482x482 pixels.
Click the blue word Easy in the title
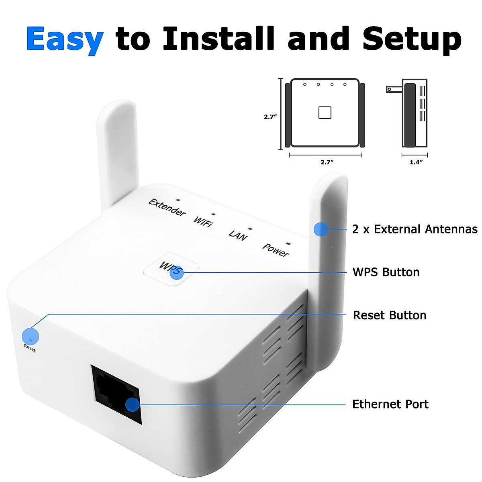(65, 39)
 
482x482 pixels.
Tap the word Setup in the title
(412, 39)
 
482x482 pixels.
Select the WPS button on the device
(171, 269)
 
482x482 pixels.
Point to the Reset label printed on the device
(30, 348)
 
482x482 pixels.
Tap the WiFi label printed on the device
(203, 221)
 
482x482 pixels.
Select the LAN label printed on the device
(238, 235)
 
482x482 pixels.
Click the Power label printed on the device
(276, 250)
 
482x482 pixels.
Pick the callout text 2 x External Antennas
(415, 229)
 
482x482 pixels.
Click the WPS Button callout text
(386, 272)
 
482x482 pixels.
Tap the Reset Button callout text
(389, 315)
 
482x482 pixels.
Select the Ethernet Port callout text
(390, 404)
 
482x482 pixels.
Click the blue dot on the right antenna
(321, 229)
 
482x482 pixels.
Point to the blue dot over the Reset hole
(30, 336)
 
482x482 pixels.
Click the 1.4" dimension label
(416, 162)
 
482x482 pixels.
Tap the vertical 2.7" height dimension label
(270, 117)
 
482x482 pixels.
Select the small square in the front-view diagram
(325, 112)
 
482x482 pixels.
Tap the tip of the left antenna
(116, 104)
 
